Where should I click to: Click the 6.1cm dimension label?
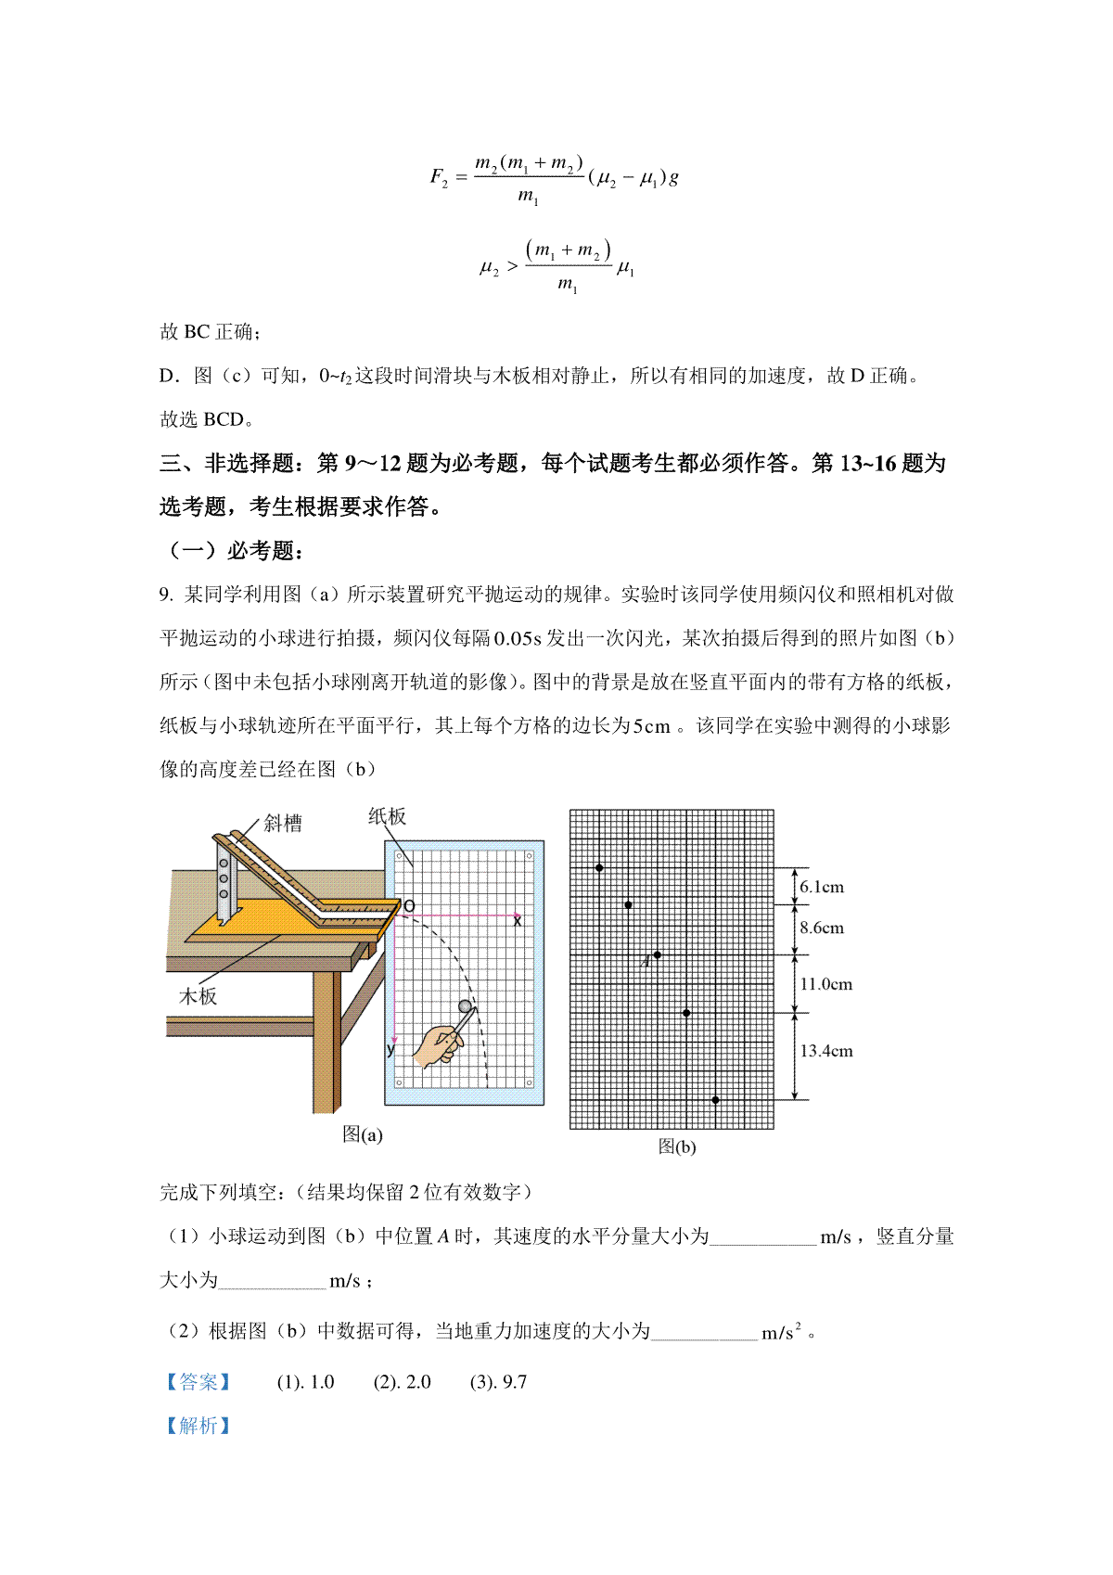click(x=822, y=888)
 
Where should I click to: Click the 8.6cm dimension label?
click(x=822, y=928)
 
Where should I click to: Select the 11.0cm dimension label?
click(x=825, y=985)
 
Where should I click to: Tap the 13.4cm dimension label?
click(x=825, y=1052)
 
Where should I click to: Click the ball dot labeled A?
click(x=658, y=955)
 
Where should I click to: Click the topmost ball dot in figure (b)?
click(x=599, y=868)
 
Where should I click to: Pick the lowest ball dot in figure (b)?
click(x=715, y=1101)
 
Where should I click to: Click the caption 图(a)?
click(x=362, y=1134)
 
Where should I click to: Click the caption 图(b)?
click(x=676, y=1147)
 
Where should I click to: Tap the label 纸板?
click(x=387, y=816)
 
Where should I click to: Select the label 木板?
click(x=198, y=996)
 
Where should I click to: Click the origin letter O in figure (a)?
click(x=409, y=906)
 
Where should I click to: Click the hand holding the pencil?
click(x=436, y=1046)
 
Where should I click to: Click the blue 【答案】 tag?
click(x=198, y=1383)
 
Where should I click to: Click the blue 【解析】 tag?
click(x=198, y=1427)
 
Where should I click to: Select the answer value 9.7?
click(x=514, y=1383)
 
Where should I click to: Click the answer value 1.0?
click(x=321, y=1383)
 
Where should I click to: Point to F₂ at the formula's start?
click(x=439, y=177)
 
